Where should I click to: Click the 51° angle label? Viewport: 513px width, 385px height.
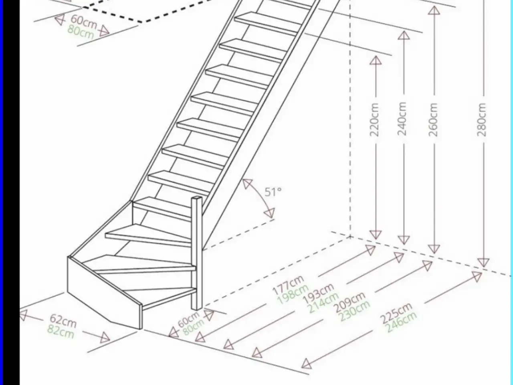pyautogui.click(x=273, y=192)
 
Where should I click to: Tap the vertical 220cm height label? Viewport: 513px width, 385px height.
pyautogui.click(x=374, y=120)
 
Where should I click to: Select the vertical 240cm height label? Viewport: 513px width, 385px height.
pyautogui.click(x=402, y=119)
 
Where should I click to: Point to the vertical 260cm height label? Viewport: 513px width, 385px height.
pyautogui.click(x=433, y=120)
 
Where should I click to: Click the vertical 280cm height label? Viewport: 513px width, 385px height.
pyautogui.click(x=481, y=120)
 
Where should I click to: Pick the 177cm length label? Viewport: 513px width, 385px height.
pyautogui.click(x=289, y=286)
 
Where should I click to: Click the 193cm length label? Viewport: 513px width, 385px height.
pyautogui.click(x=318, y=294)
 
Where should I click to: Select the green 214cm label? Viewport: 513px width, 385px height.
pyautogui.click(x=324, y=303)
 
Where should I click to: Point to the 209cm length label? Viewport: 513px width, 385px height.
pyautogui.click(x=350, y=302)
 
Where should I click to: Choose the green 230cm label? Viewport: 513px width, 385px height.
pyautogui.click(x=354, y=311)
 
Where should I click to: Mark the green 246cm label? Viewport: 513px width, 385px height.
pyautogui.click(x=402, y=322)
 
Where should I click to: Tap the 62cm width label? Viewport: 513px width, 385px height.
pyautogui.click(x=63, y=321)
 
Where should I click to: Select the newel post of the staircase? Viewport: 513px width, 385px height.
pyautogui.click(x=197, y=253)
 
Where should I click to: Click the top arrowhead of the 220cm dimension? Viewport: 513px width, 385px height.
pyautogui.click(x=376, y=60)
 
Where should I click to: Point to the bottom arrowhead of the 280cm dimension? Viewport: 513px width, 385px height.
pyautogui.click(x=483, y=263)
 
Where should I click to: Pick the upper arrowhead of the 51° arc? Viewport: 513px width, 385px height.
pyautogui.click(x=247, y=184)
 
